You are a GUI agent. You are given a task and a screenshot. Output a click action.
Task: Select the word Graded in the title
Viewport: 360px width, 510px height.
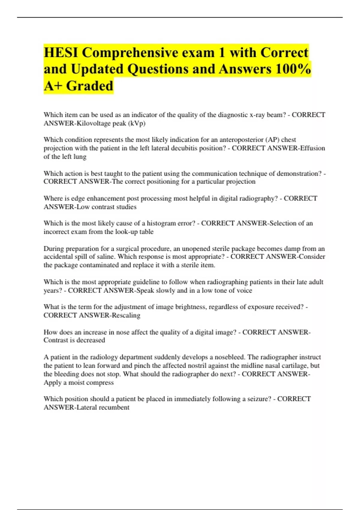pyautogui.click(x=90, y=86)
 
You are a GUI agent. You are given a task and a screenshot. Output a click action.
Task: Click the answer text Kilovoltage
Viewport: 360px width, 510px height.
pyautogui.click(x=93, y=123)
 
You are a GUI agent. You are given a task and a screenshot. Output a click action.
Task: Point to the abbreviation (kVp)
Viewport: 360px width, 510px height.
pyautogui.click(x=137, y=123)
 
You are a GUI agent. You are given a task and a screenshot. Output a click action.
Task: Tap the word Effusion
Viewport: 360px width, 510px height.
pyautogui.click(x=312, y=148)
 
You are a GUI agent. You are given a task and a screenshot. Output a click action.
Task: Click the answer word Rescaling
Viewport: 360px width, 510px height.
pyautogui.click(x=126, y=315)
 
